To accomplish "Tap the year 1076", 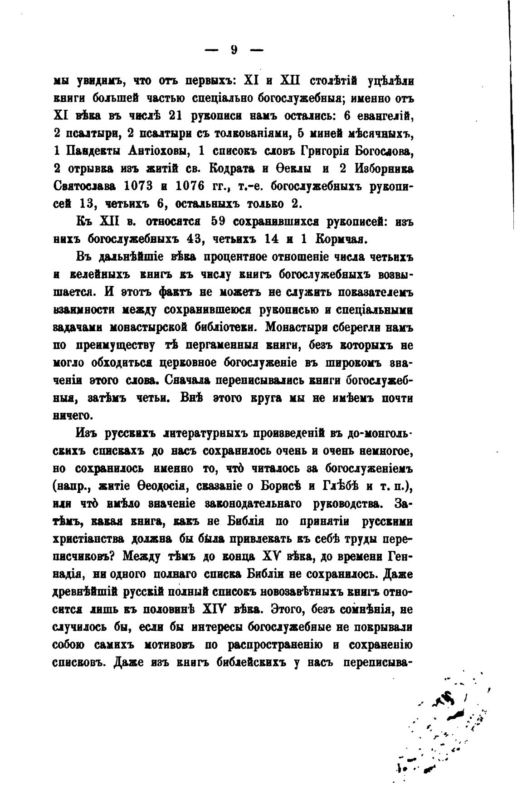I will point(185,186).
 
